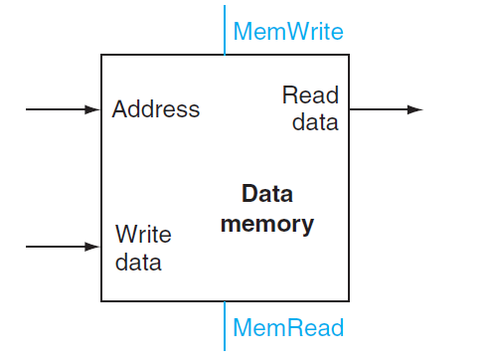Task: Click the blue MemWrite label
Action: tap(287, 32)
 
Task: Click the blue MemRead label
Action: tap(287, 327)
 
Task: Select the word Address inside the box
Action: tap(155, 109)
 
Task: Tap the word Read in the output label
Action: tap(310, 96)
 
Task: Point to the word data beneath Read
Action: tap(316, 122)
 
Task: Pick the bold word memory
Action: tap(266, 224)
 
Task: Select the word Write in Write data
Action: tap(143, 235)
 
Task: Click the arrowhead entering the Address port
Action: tap(95, 109)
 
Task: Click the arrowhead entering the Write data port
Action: tap(95, 246)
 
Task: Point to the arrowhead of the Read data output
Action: tap(415, 109)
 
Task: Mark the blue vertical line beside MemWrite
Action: tap(225, 30)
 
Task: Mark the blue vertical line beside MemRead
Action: tap(225, 325)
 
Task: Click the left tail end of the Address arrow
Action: tap(28, 109)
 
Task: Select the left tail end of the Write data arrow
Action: tap(28, 246)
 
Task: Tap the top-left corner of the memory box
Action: tap(102, 56)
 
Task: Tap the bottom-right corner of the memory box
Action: tap(348, 300)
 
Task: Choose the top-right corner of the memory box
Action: tap(348, 56)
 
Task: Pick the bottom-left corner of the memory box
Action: tap(102, 300)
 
